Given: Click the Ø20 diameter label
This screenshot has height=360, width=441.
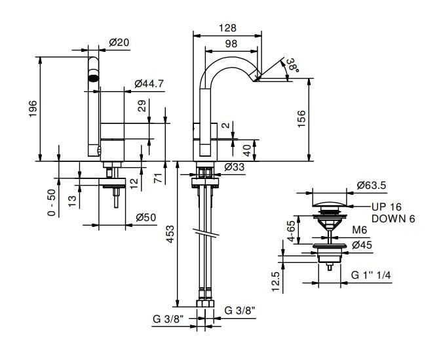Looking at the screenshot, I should coord(119,42).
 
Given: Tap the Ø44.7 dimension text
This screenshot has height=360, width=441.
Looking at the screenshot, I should coord(149,83).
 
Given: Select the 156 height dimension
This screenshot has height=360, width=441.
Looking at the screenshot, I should coord(301,119).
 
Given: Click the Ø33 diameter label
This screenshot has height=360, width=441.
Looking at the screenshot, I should coord(234,167).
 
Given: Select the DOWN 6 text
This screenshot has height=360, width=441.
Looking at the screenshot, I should coord(393,218).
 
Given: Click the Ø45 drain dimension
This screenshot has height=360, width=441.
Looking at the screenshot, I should coord(362,245).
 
